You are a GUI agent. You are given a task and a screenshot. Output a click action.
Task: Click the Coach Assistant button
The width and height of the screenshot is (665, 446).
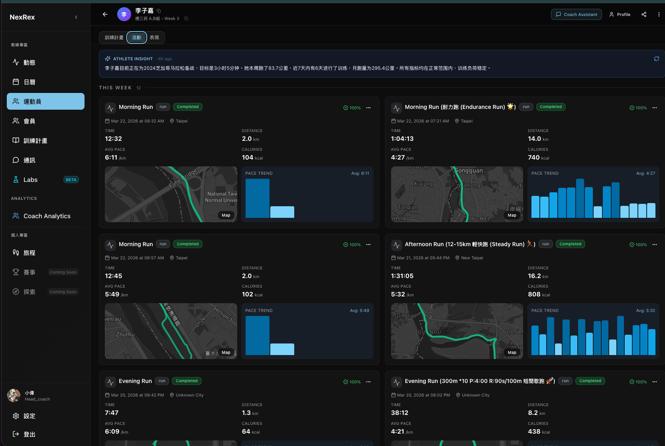[576, 14]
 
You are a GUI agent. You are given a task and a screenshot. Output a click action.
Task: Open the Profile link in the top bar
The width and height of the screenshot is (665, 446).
[620, 14]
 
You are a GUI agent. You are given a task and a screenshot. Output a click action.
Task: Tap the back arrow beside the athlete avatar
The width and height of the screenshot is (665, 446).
[105, 14]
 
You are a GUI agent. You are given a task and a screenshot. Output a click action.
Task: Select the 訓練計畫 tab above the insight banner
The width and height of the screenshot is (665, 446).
[114, 37]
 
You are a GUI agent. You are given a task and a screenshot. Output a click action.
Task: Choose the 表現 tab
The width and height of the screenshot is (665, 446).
[154, 37]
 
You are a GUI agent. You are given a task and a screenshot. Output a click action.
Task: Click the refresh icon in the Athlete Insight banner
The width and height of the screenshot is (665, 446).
[656, 59]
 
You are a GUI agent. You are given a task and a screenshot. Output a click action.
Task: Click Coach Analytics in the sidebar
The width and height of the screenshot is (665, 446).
[47, 216]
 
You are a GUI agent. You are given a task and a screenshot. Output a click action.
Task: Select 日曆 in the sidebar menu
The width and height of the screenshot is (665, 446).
[30, 82]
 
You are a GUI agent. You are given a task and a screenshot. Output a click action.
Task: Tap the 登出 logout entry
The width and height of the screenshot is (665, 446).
[29, 434]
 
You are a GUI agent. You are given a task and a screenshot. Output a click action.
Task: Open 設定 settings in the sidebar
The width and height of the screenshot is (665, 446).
[29, 416]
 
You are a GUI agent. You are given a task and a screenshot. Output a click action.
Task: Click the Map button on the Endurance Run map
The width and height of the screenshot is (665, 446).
[512, 215]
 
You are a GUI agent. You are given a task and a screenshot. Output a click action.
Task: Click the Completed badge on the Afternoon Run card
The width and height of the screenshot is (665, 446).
[570, 244]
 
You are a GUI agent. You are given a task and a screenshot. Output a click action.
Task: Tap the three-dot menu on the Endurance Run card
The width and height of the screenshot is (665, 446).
[654, 108]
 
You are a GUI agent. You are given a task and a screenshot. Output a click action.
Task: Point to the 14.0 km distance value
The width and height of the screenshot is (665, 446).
[534, 139]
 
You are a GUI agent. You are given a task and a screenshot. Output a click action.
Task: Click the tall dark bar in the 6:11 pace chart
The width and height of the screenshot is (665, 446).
[258, 198]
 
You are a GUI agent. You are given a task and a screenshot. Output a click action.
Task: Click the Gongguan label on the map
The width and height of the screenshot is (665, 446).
[469, 171]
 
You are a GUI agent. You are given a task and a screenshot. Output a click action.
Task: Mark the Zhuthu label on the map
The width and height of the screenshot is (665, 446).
[125, 334]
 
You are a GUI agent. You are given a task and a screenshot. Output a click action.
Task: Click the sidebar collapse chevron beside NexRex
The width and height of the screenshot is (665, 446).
[76, 17]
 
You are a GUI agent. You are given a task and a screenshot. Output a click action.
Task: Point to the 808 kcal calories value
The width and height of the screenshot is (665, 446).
[534, 294]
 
